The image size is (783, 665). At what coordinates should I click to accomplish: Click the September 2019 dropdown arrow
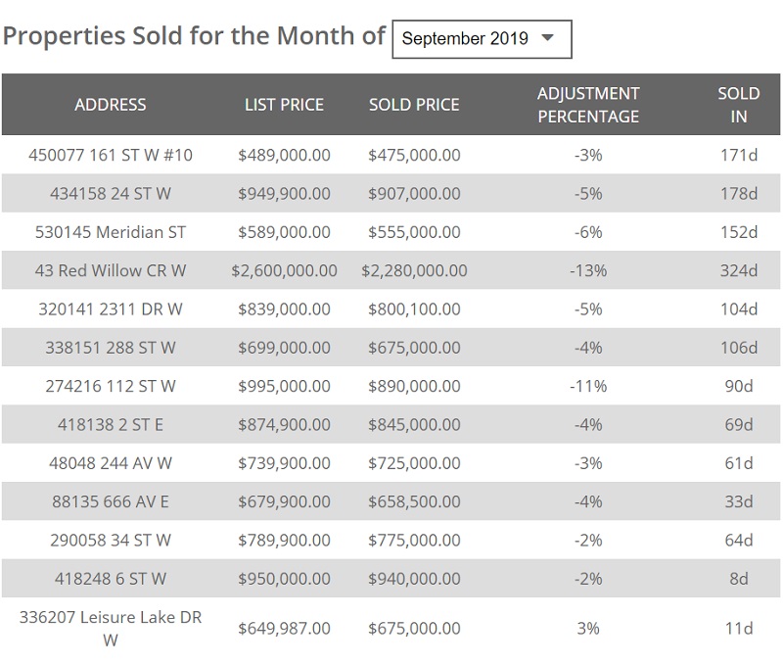pos(548,38)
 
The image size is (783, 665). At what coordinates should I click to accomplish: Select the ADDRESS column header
pos(111,105)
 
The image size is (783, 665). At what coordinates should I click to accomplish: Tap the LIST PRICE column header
pos(284,105)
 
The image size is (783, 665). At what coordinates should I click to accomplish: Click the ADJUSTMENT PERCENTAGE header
pos(588,105)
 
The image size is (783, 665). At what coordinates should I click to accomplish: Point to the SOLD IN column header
pos(739,105)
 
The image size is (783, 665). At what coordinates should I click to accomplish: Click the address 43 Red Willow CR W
pos(111,270)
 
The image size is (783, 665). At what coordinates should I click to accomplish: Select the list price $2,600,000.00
pos(284,270)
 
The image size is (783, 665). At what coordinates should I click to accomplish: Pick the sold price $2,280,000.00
pos(414,270)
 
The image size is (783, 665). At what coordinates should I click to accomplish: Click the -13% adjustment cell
pos(588,270)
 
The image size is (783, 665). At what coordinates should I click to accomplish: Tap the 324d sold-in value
pos(739,270)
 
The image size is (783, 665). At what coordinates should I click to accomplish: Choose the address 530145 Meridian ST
pos(111,232)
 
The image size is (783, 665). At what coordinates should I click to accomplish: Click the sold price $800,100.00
pos(414,309)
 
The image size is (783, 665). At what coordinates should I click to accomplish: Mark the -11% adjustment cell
pos(588,386)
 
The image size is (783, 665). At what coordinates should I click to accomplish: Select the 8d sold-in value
pos(739,579)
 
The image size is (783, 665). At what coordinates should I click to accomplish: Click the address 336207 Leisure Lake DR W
pos(111,628)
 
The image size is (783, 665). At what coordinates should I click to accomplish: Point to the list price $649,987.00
pos(284,628)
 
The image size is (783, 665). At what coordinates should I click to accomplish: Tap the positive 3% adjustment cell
pos(588,628)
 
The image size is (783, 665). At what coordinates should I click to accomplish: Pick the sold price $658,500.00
pos(414,501)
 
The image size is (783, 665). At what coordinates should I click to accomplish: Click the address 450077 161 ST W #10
pos(111,155)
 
